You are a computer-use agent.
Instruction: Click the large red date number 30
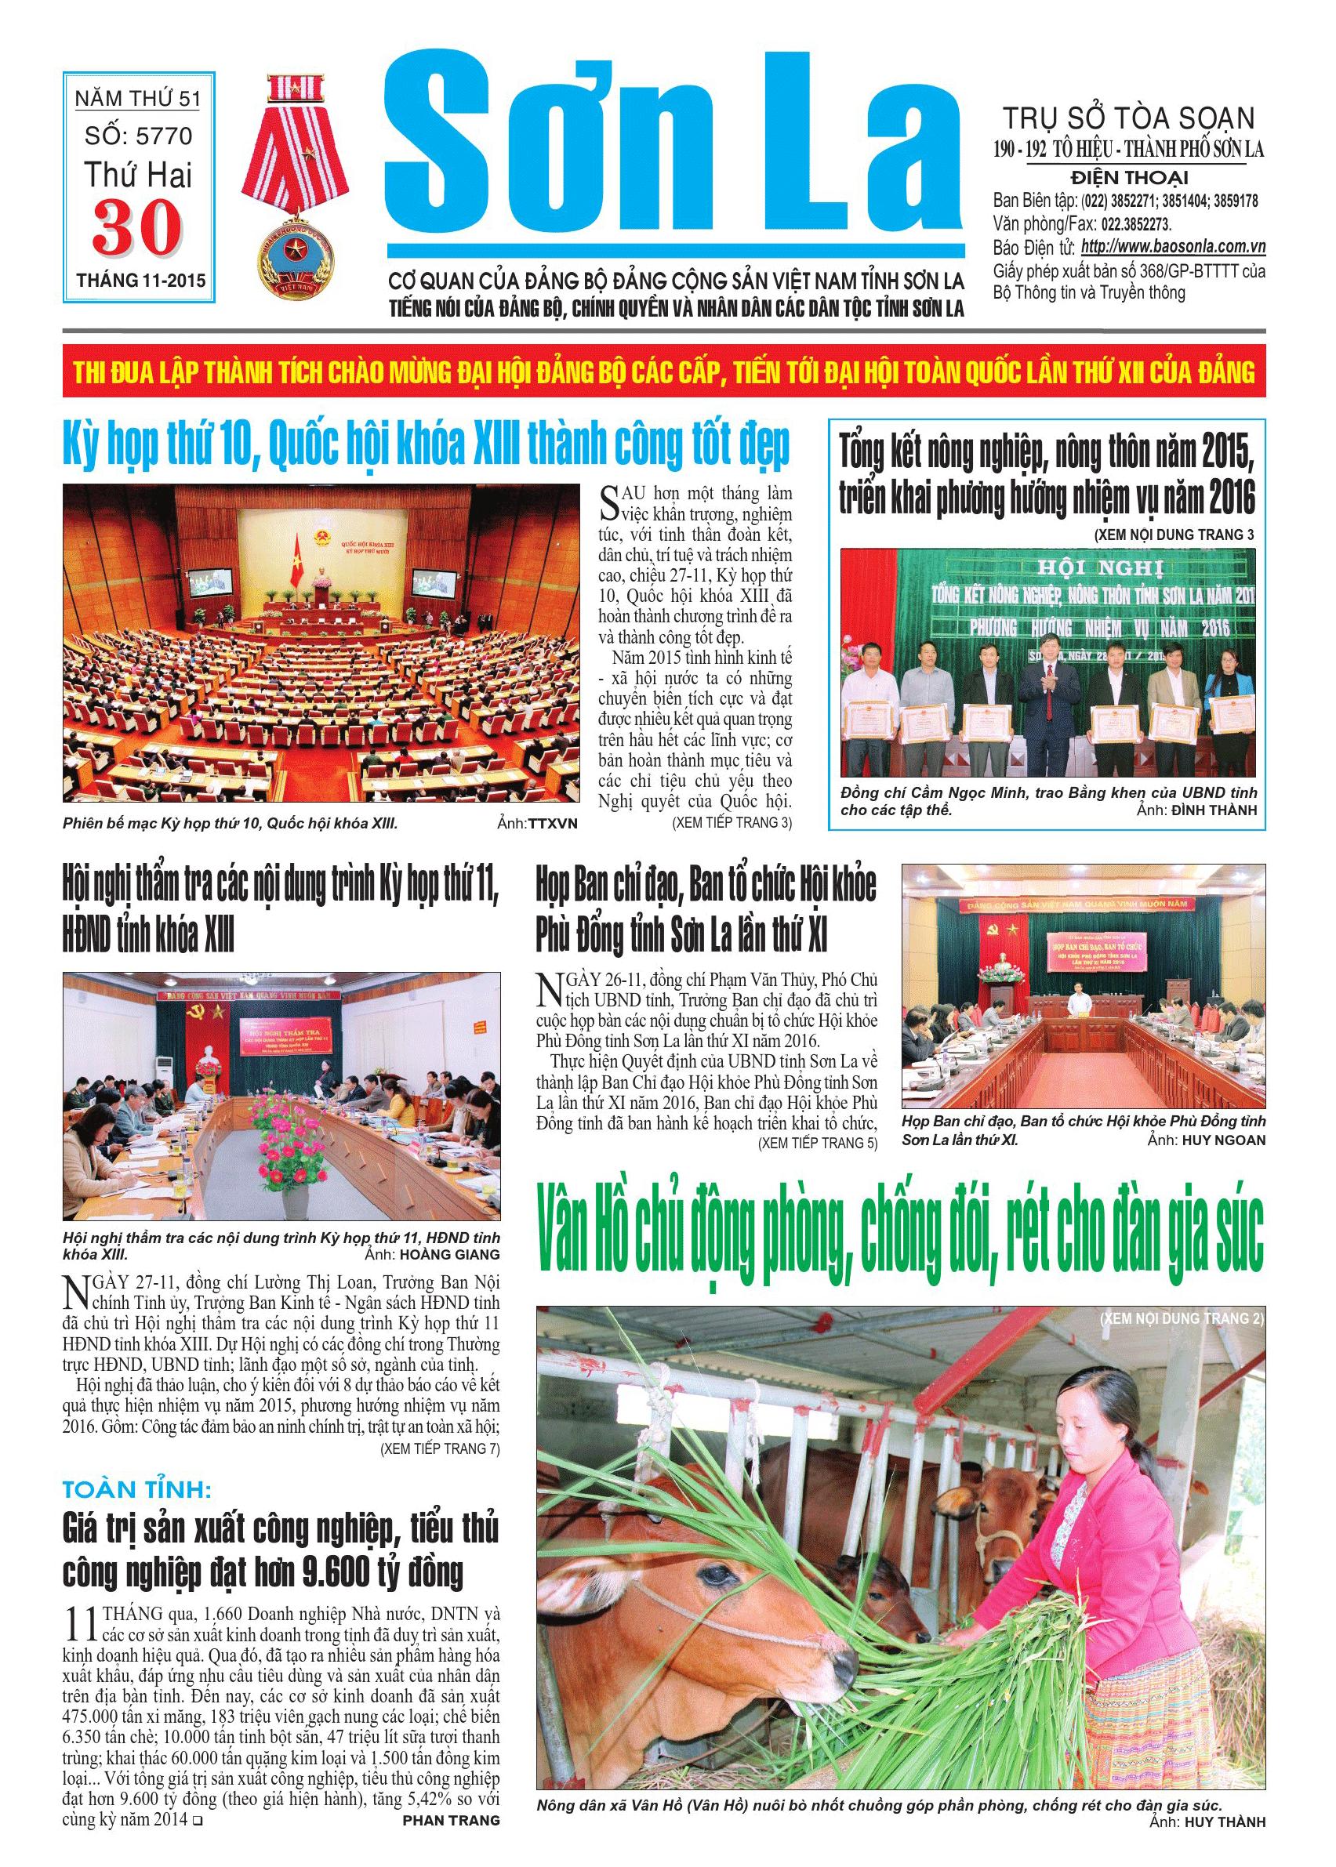136,228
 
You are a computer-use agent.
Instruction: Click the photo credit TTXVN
550,822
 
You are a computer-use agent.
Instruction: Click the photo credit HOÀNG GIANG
450,1255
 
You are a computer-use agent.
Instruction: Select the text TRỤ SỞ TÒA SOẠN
1125,119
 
